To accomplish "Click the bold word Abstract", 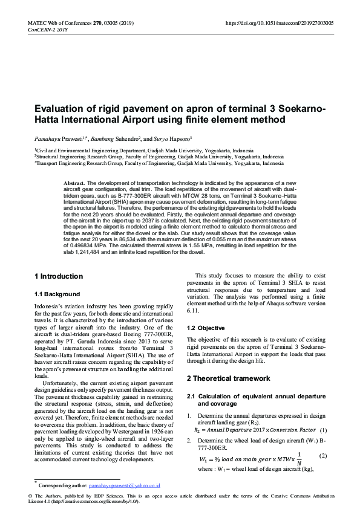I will (74, 183).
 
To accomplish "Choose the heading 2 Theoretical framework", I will (228, 378).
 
